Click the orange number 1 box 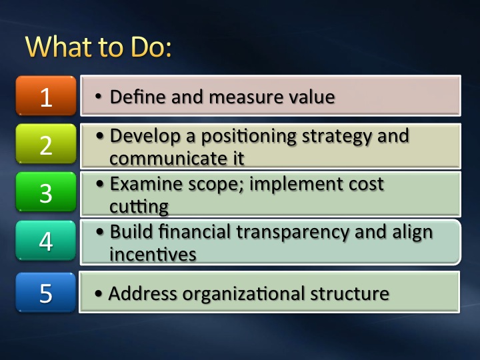(x=46, y=95)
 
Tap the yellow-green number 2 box (x=46, y=144)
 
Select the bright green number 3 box (x=46, y=192)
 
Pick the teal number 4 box (x=46, y=241)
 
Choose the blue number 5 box (x=46, y=293)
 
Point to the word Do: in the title (x=151, y=47)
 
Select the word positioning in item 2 (x=249, y=137)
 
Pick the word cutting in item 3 (x=139, y=207)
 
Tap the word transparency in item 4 (x=293, y=233)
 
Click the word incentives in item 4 (x=153, y=254)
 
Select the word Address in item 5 (x=143, y=293)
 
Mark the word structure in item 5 (x=349, y=293)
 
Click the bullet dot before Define (x=98, y=97)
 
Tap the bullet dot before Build (x=100, y=232)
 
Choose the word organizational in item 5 (x=243, y=294)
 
